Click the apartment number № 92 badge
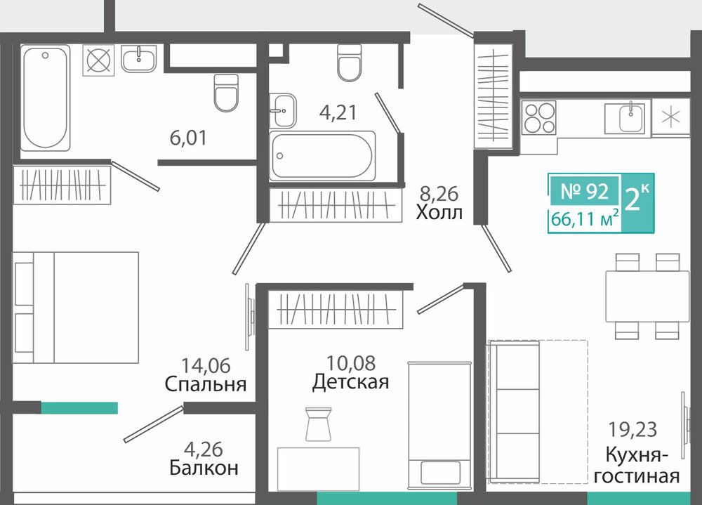[584, 191]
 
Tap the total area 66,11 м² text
[585, 219]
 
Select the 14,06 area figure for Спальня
[206, 366]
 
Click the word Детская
[350, 382]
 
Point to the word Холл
[439, 212]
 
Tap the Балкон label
[204, 468]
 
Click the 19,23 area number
[633, 429]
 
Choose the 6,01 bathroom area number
[188, 138]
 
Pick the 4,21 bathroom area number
[338, 112]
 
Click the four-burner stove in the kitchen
[538, 117]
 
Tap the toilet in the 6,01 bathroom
[225, 93]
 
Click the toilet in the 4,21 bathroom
[349, 63]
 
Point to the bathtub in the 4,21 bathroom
[322, 156]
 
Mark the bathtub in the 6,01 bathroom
[45, 98]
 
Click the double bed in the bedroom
[75, 308]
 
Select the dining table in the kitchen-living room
[647, 296]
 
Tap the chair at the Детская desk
[318, 424]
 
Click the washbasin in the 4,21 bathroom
[282, 110]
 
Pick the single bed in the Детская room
[439, 425]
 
